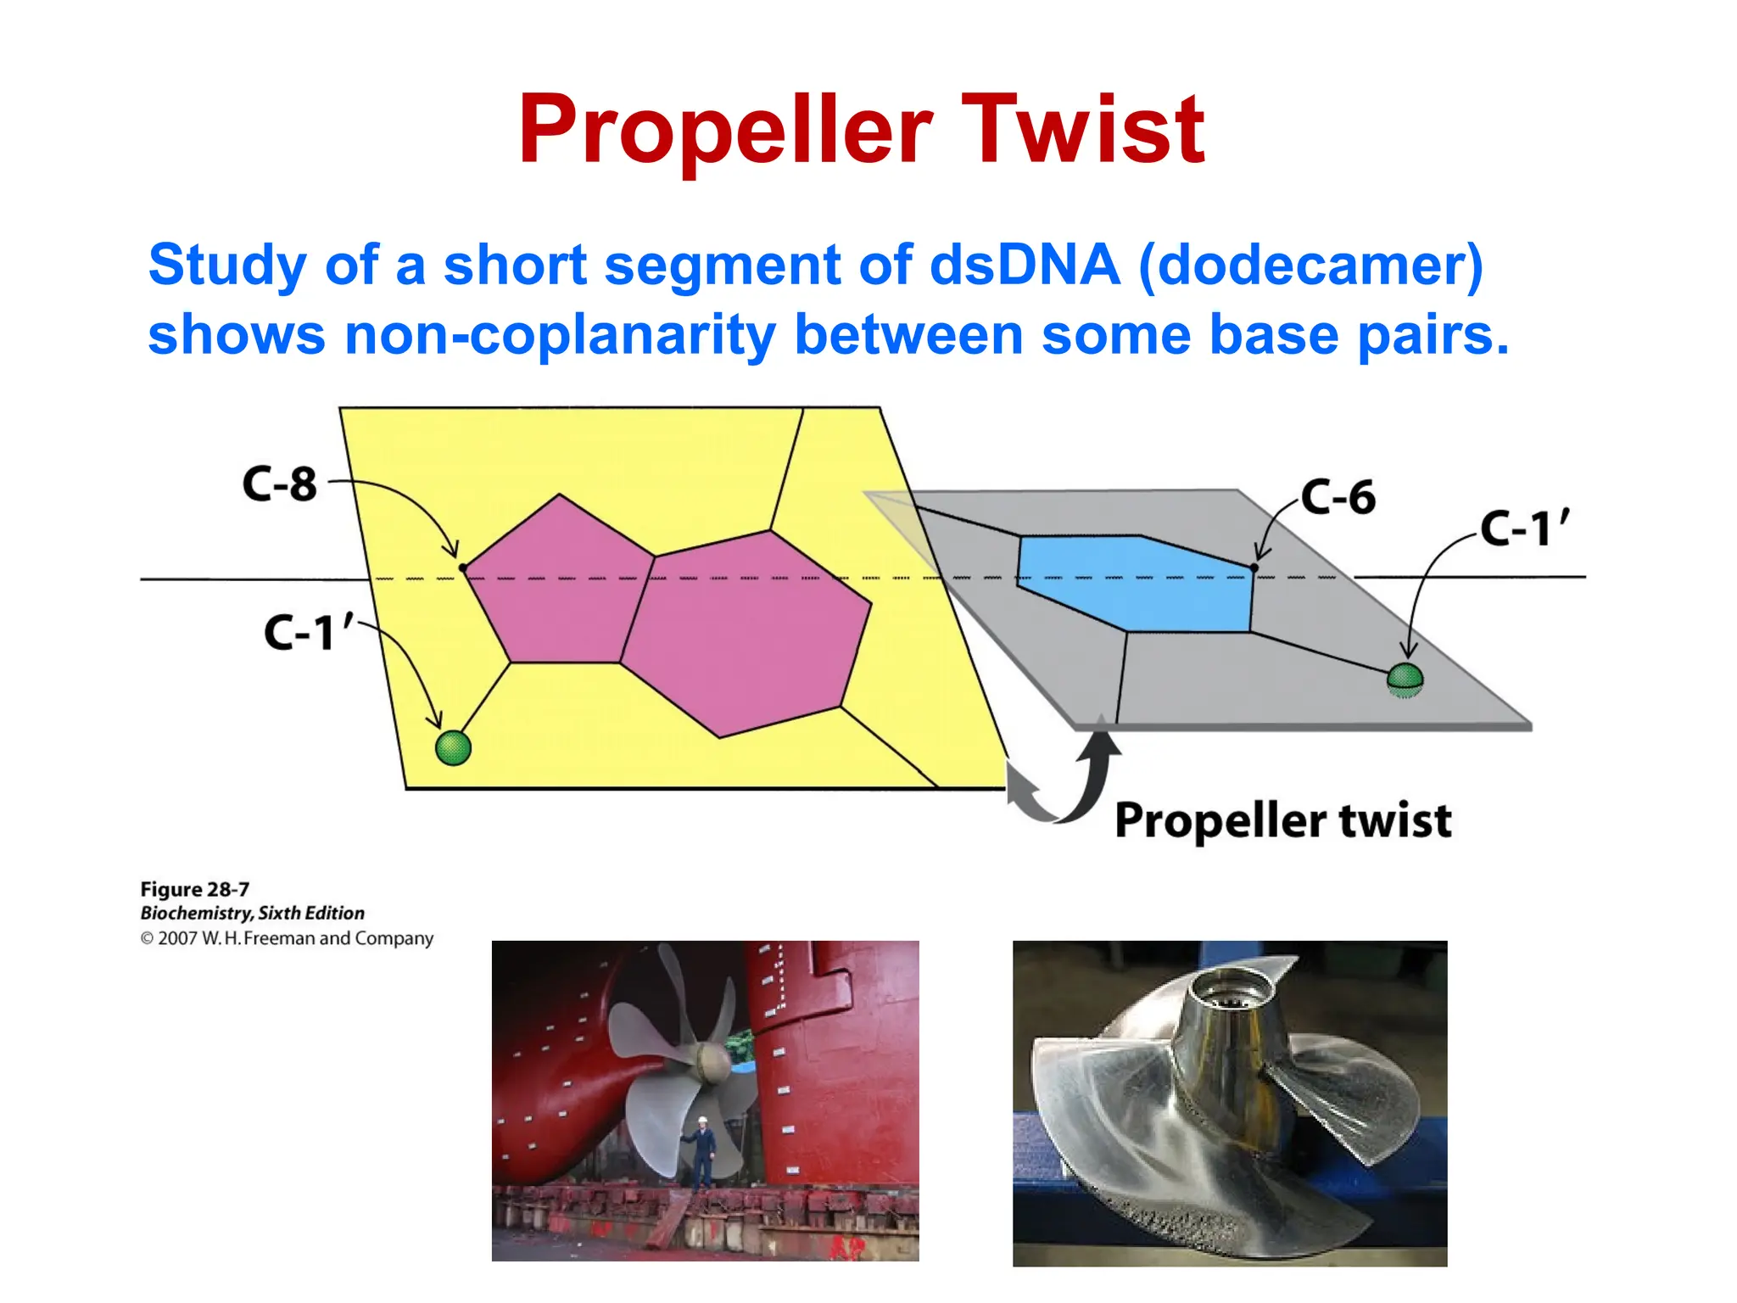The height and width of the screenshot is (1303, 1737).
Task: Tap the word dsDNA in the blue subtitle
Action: pos(1025,265)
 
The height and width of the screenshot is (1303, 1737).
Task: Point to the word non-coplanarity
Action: pos(560,334)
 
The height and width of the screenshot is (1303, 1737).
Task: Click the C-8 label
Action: pos(279,484)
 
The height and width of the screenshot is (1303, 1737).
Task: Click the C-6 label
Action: pos(1338,497)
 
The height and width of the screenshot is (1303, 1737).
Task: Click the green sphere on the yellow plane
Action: pos(453,747)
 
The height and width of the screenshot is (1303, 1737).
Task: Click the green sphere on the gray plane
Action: pos(1405,678)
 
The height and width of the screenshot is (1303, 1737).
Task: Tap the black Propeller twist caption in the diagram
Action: pos(1282,821)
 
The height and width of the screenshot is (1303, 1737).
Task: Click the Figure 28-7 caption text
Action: pos(195,889)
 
